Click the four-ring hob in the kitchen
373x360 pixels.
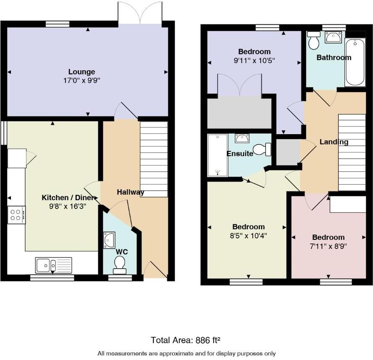[16, 215]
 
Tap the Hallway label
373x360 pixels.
[130, 192]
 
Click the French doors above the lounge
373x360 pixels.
[140, 12]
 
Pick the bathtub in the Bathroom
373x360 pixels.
[355, 61]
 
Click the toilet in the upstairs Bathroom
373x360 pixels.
[313, 40]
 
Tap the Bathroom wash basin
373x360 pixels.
[334, 37]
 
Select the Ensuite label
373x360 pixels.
[240, 154]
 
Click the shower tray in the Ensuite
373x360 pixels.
[218, 155]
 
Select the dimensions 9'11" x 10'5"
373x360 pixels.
[254, 60]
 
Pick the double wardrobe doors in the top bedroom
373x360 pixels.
[239, 85]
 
